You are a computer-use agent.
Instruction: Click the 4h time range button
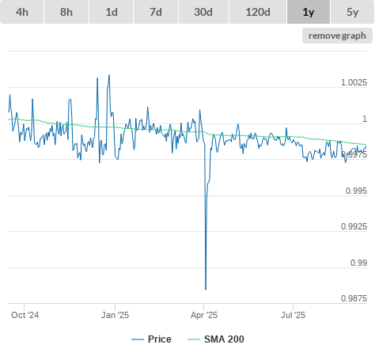[22, 12]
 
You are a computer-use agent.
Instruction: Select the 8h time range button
[66, 12]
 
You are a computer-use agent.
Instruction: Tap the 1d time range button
[112, 12]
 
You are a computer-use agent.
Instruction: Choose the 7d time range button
[156, 12]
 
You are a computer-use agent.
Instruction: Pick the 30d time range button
[203, 12]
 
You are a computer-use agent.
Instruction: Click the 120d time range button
[258, 12]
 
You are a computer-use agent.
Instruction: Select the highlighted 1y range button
[309, 12]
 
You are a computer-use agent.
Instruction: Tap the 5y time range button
[353, 12]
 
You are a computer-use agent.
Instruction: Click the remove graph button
[337, 36]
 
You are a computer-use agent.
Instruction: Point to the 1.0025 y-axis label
[354, 82]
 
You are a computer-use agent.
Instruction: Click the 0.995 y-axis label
[356, 191]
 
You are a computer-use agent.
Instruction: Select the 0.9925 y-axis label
[354, 226]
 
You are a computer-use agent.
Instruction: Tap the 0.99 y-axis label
[358, 263]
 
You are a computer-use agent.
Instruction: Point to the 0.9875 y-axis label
[354, 298]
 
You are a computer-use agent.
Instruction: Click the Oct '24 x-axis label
[25, 315]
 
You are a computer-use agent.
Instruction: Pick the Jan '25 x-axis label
[115, 315]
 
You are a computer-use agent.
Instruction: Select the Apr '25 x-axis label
[204, 315]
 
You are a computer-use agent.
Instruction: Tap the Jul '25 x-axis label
[293, 315]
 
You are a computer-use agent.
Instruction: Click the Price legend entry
[151, 339]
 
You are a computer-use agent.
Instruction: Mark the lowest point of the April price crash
[206, 290]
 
